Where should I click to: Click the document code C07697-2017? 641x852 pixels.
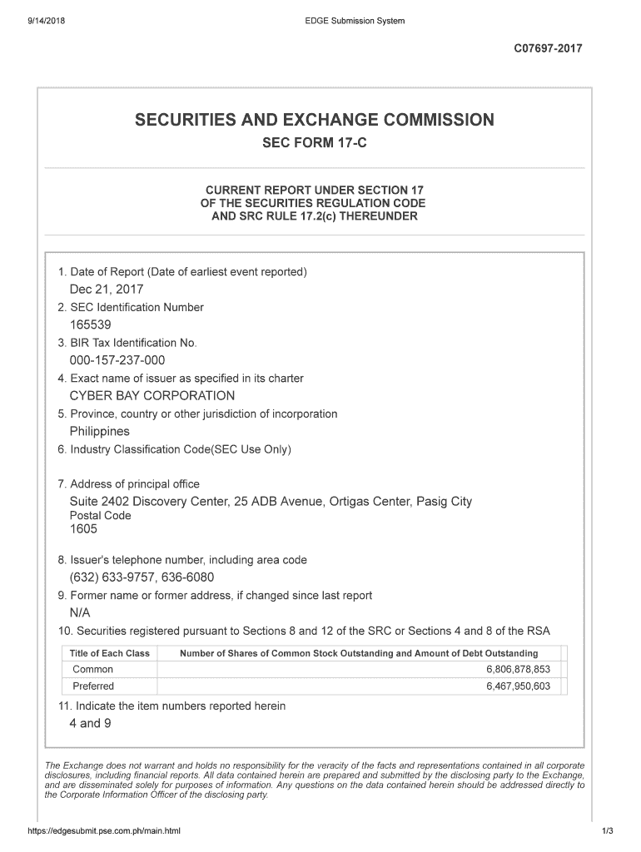[x=549, y=48]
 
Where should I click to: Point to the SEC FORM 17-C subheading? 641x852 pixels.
[x=315, y=143]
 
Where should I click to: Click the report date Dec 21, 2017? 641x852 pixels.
[x=107, y=290]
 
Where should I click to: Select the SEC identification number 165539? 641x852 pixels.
[x=91, y=325]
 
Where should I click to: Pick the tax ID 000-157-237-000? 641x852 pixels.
[x=117, y=360]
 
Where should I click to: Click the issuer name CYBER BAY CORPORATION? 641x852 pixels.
[x=152, y=396]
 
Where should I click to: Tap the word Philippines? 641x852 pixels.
[x=100, y=431]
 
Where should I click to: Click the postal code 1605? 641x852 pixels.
[x=83, y=529]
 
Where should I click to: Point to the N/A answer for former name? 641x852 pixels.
[x=80, y=612]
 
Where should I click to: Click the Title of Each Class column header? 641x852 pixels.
[x=110, y=653]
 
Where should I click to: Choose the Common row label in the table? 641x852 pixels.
[x=93, y=670]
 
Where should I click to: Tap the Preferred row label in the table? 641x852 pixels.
[x=94, y=686]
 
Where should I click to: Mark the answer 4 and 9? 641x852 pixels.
[x=90, y=723]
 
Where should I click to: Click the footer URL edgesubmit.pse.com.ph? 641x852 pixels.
[x=104, y=831]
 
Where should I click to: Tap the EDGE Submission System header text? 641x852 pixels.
[x=355, y=21]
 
